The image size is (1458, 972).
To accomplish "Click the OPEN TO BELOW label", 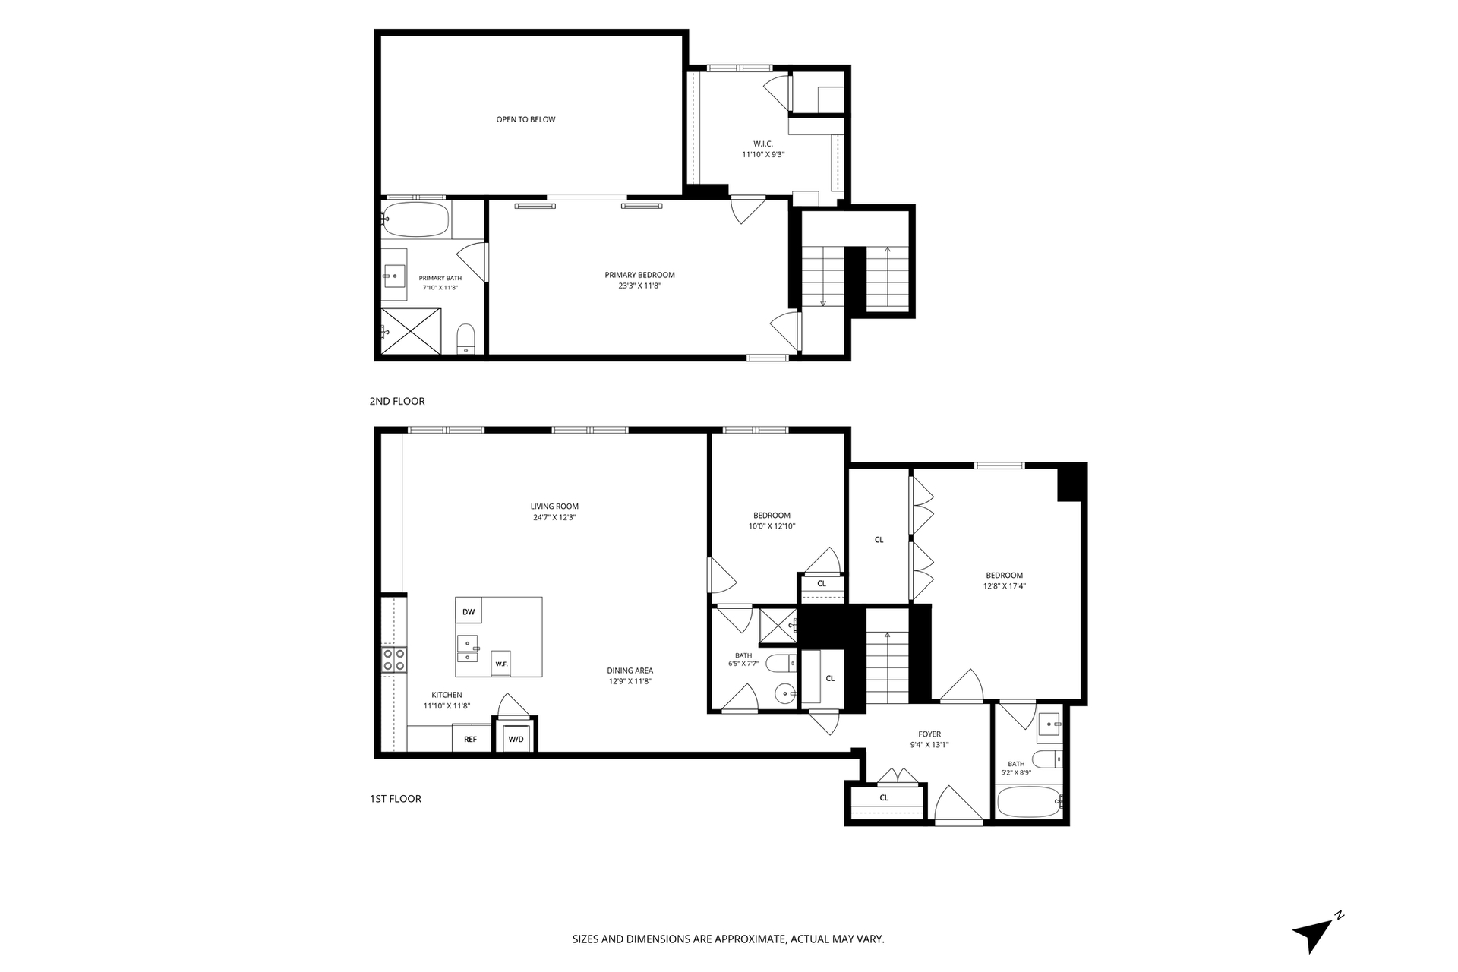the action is (x=525, y=119).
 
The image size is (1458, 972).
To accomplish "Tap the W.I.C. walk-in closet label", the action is (x=763, y=144).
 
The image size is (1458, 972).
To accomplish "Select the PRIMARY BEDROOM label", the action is (x=639, y=275).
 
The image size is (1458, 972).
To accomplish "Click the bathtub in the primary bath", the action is (x=416, y=219).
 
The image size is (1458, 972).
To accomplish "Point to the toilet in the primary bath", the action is (x=465, y=339).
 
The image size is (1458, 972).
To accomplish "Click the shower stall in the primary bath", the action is (x=411, y=331).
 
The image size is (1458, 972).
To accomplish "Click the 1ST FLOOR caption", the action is (x=396, y=799).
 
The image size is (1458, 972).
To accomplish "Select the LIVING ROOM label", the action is (x=554, y=507).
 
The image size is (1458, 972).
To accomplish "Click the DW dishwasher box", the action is (x=469, y=612).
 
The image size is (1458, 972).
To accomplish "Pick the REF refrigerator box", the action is (x=471, y=738).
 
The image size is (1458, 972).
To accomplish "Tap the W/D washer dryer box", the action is (x=516, y=739).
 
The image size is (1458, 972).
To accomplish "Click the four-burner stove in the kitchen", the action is (x=393, y=659).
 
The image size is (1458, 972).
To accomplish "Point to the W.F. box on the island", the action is (x=501, y=664).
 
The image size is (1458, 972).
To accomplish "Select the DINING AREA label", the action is (x=630, y=671).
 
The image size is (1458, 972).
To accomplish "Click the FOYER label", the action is (x=929, y=734).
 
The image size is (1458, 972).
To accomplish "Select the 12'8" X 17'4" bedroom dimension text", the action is (x=1005, y=586).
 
